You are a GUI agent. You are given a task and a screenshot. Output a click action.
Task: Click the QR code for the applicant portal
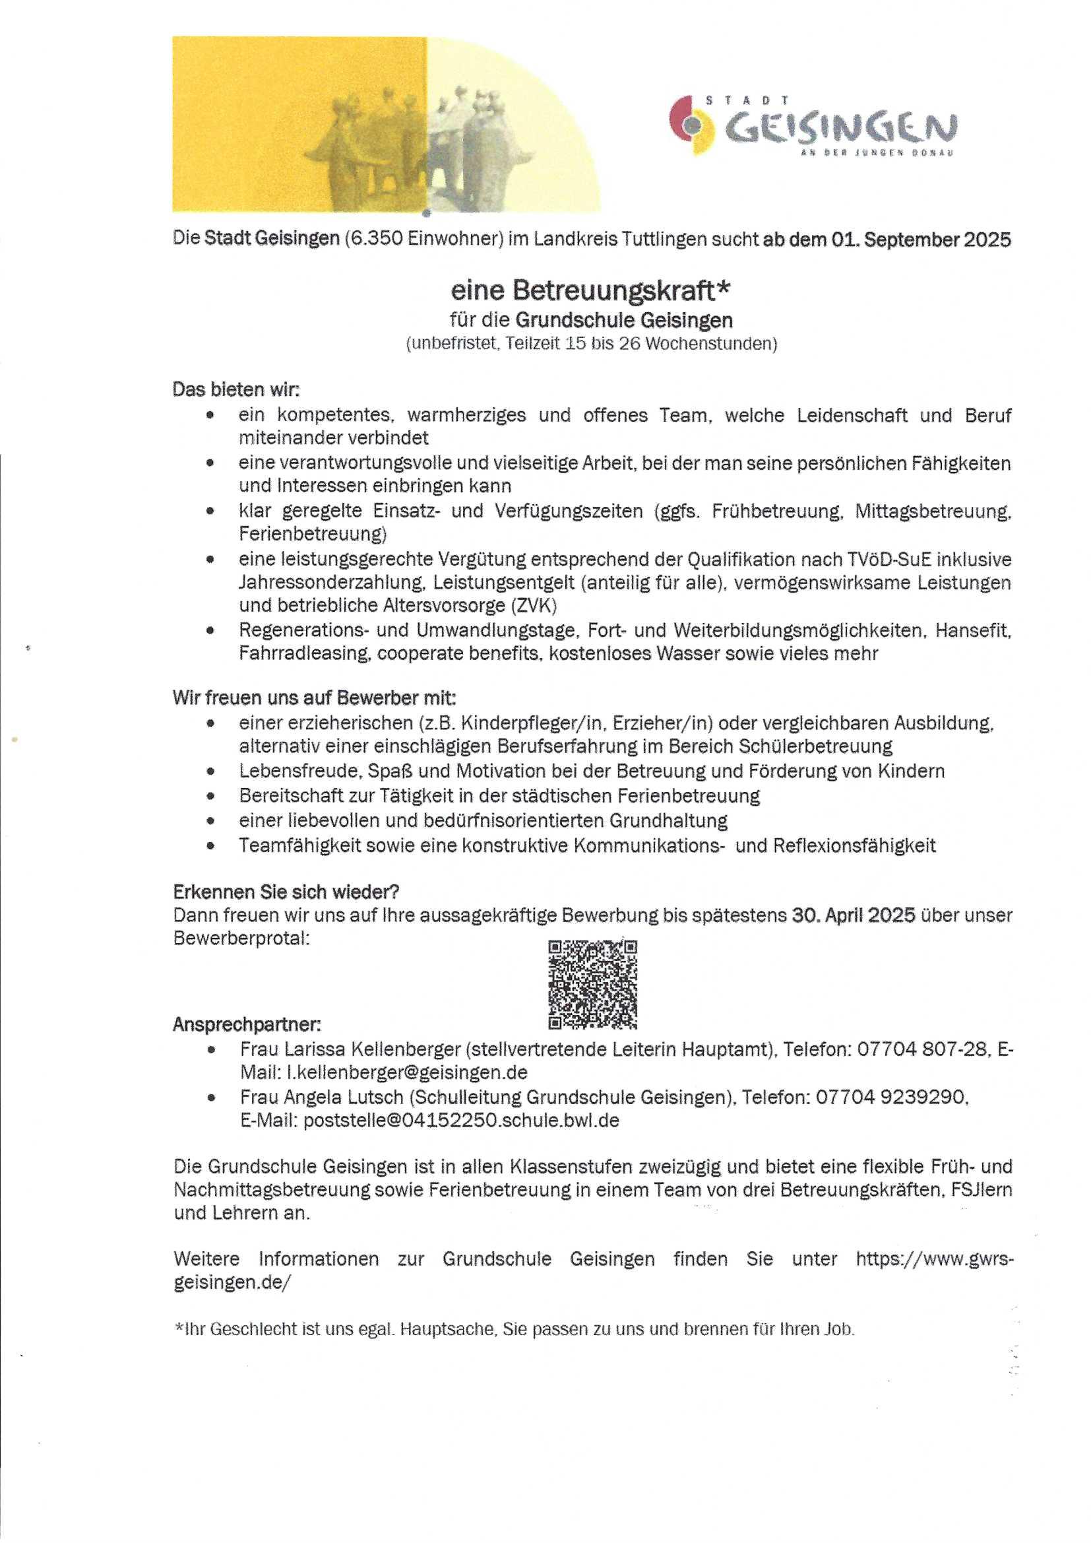(x=592, y=985)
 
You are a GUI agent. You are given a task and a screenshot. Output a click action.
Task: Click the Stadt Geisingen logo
(x=813, y=125)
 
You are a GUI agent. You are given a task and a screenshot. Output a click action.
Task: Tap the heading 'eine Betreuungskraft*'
(x=590, y=290)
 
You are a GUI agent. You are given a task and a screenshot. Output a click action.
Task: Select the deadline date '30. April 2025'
(x=853, y=915)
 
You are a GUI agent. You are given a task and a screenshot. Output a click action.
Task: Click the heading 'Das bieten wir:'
(x=235, y=389)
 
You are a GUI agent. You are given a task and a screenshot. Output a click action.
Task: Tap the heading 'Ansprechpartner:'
(x=247, y=1025)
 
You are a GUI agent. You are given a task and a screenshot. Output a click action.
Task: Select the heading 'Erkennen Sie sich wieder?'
(x=286, y=892)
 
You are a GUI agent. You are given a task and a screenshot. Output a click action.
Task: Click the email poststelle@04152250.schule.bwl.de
(x=461, y=1120)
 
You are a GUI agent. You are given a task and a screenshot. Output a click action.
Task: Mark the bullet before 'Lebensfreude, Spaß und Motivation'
(x=211, y=771)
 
